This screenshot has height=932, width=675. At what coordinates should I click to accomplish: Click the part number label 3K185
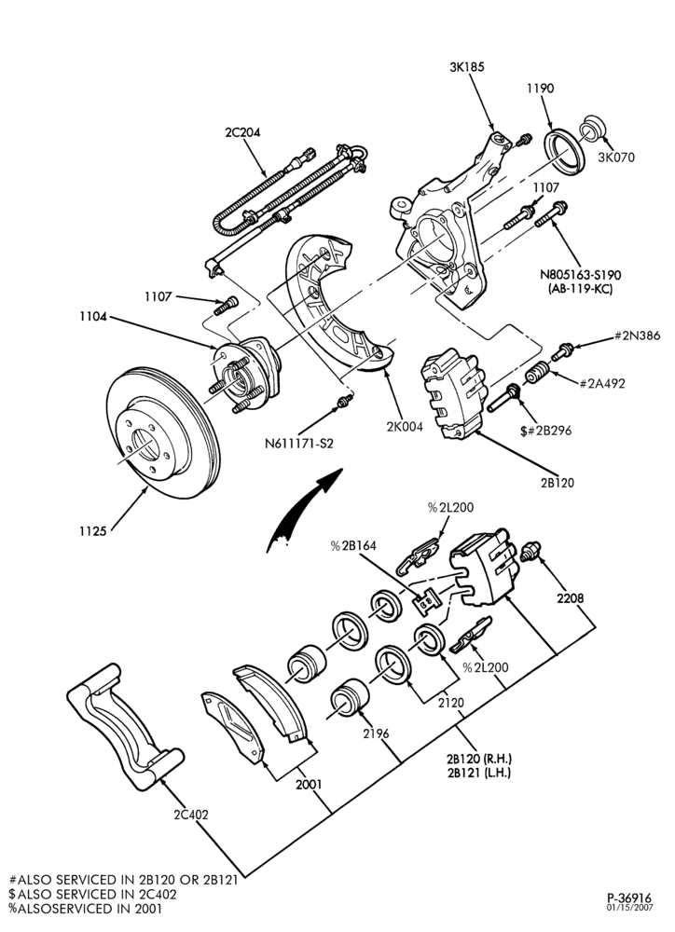[x=466, y=66]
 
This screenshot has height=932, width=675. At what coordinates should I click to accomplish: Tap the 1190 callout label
[x=540, y=89]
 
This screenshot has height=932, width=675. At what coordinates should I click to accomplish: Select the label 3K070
[x=616, y=158]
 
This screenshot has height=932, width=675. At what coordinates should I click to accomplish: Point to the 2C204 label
[x=242, y=132]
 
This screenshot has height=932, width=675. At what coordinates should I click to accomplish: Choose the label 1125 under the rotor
[x=93, y=531]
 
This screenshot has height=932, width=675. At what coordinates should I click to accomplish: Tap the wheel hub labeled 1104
[x=245, y=375]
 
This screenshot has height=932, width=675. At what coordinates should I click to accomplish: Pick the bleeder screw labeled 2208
[x=530, y=551]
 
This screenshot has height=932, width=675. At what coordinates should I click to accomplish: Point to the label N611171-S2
[x=299, y=443]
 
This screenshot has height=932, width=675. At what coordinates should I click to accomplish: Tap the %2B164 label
[x=353, y=545]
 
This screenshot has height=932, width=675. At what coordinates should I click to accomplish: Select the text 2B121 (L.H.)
[x=478, y=773]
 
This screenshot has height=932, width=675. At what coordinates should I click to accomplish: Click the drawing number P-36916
[x=629, y=898]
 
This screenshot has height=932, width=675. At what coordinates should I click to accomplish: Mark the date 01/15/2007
[x=630, y=908]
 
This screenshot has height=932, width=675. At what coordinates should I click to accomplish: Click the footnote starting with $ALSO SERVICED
[x=93, y=894]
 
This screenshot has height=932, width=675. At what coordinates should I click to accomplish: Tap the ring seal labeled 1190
[x=565, y=154]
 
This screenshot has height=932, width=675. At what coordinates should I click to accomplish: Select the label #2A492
[x=602, y=383]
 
